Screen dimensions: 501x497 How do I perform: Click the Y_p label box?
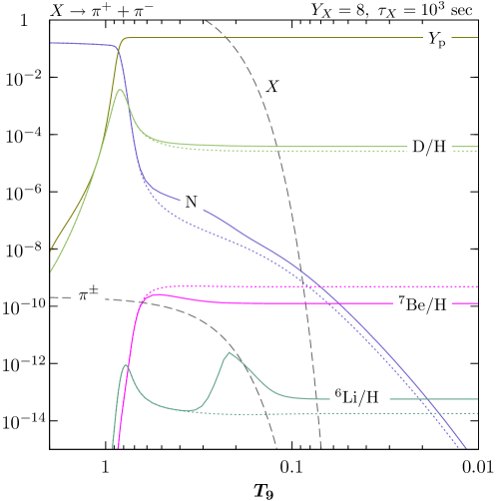click(437, 41)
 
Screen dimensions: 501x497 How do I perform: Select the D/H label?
click(429, 148)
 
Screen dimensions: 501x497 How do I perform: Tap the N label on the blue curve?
click(192, 202)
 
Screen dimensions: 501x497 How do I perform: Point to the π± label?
click(89, 294)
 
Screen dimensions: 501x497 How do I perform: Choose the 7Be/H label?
click(423, 306)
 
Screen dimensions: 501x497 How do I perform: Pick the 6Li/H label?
click(356, 397)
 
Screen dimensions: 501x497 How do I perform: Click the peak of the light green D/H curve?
click(120, 90)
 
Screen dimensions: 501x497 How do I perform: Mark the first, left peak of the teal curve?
click(125, 365)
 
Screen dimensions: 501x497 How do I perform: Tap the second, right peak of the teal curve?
click(231, 352)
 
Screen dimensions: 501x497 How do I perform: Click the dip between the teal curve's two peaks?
click(185, 409)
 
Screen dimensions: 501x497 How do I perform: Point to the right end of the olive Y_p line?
click(478, 38)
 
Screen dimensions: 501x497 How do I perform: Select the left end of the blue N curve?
click(51, 43)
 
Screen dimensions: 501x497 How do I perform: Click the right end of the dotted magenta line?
click(478, 286)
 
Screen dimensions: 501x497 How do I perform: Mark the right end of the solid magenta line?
click(478, 303)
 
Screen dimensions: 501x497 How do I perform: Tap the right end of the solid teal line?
click(478, 399)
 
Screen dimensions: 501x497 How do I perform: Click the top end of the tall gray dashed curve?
click(205, 20)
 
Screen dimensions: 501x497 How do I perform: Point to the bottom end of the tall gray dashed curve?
click(321, 448)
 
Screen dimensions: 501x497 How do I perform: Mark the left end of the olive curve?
click(51, 250)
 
